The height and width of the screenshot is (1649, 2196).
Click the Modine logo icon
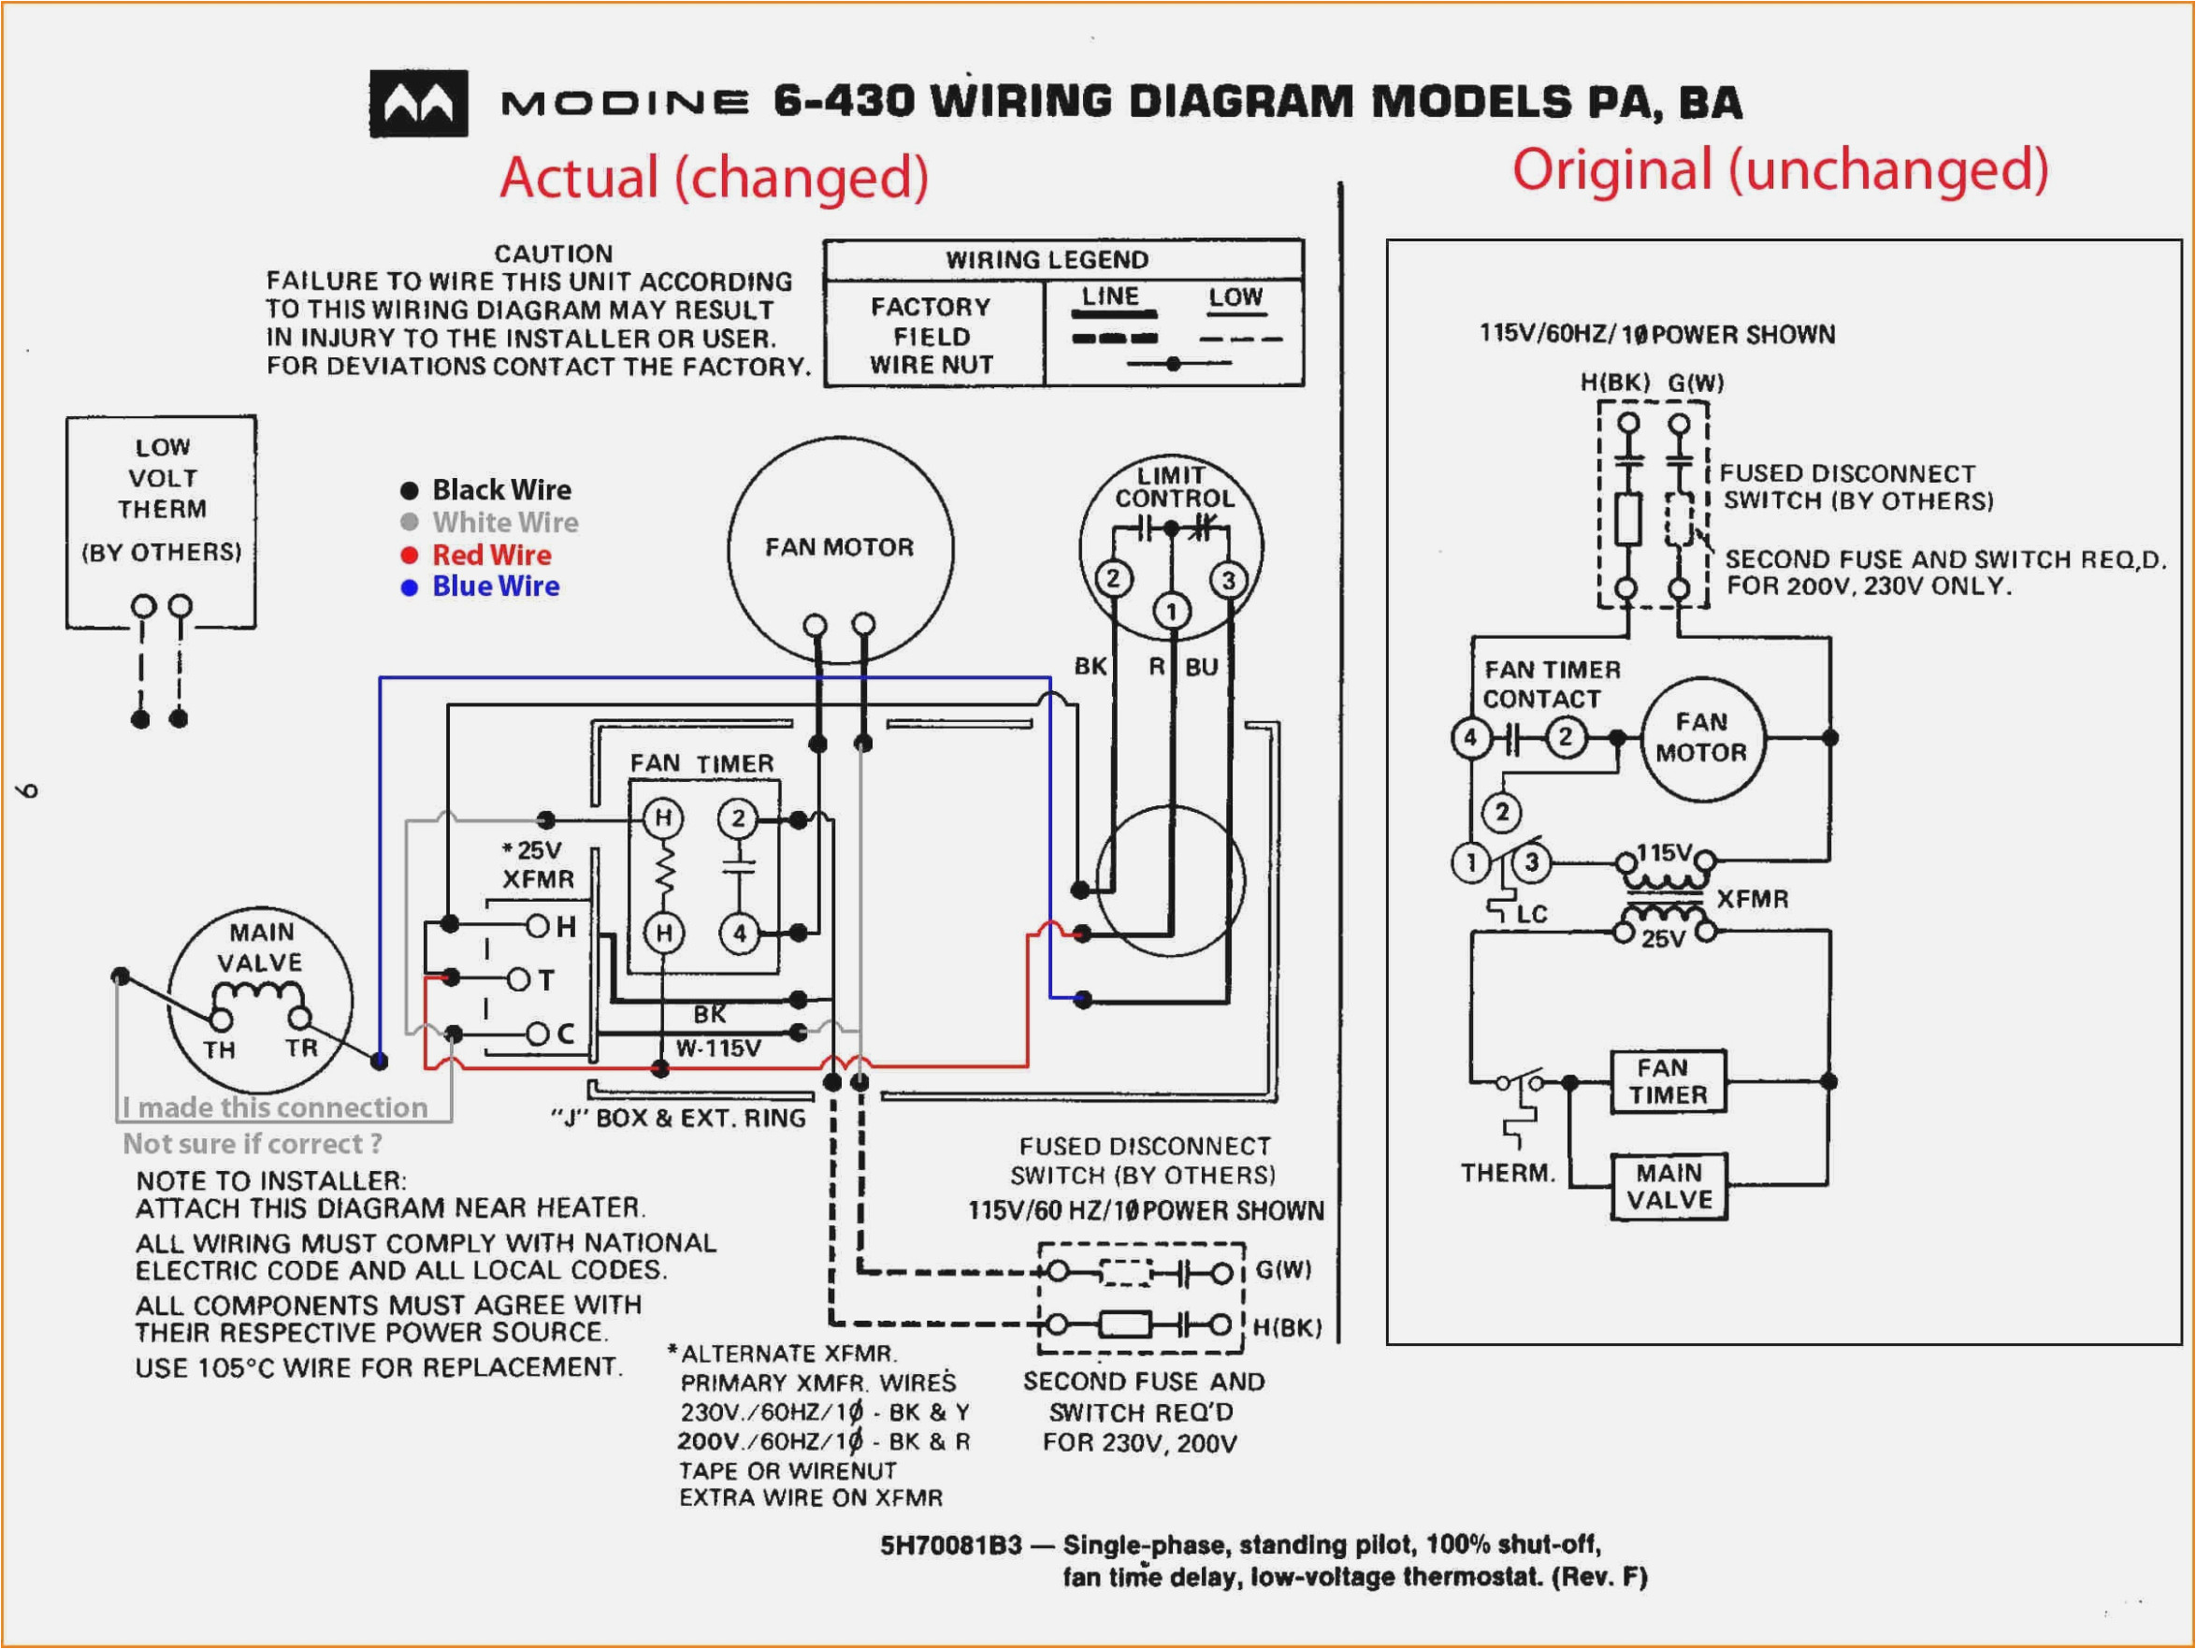418,103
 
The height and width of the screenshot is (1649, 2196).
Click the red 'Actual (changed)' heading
714,177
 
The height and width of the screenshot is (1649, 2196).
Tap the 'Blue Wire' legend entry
495,586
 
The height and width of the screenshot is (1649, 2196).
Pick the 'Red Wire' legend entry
490,555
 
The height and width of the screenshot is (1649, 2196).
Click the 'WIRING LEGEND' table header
1047,260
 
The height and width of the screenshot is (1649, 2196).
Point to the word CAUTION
553,254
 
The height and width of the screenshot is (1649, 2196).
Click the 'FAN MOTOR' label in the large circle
839,547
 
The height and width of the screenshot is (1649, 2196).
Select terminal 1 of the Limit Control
1172,612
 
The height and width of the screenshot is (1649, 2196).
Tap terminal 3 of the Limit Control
1228,581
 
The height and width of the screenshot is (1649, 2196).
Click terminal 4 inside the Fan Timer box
739,933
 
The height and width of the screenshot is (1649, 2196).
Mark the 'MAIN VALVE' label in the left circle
260,947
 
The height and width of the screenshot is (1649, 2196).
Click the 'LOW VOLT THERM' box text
162,479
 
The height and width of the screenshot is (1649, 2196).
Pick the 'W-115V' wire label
717,1048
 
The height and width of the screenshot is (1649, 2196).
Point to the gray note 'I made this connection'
275,1107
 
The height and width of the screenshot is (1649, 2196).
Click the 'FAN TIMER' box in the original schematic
1667,1081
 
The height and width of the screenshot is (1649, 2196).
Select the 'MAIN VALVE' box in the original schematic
1668,1185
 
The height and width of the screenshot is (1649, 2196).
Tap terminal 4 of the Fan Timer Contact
1470,737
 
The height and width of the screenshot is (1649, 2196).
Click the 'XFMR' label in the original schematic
1753,899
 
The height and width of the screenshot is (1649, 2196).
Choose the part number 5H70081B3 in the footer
950,1545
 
